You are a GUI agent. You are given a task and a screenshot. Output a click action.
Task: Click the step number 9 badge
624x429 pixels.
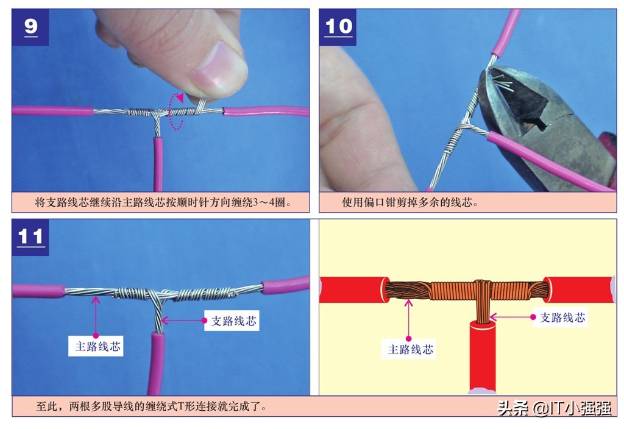[x=31, y=27]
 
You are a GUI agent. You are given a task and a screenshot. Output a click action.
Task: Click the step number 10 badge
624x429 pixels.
[x=338, y=27]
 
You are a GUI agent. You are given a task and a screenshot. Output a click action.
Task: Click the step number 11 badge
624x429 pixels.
[x=30, y=237]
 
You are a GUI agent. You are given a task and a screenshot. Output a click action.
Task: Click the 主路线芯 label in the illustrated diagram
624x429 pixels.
[x=411, y=350]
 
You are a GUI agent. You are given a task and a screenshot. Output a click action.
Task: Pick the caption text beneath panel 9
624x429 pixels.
[x=162, y=202]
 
